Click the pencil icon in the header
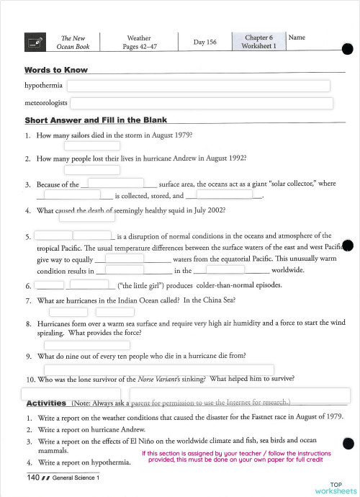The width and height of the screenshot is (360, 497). tap(34, 42)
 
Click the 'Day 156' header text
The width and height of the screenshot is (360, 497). tap(204, 42)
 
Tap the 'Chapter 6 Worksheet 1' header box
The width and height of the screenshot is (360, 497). tap(258, 41)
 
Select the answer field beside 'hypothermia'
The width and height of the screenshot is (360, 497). tap(199, 86)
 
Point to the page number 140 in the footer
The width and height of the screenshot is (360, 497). tap(32, 477)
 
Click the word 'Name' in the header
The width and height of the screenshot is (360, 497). tap(297, 37)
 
